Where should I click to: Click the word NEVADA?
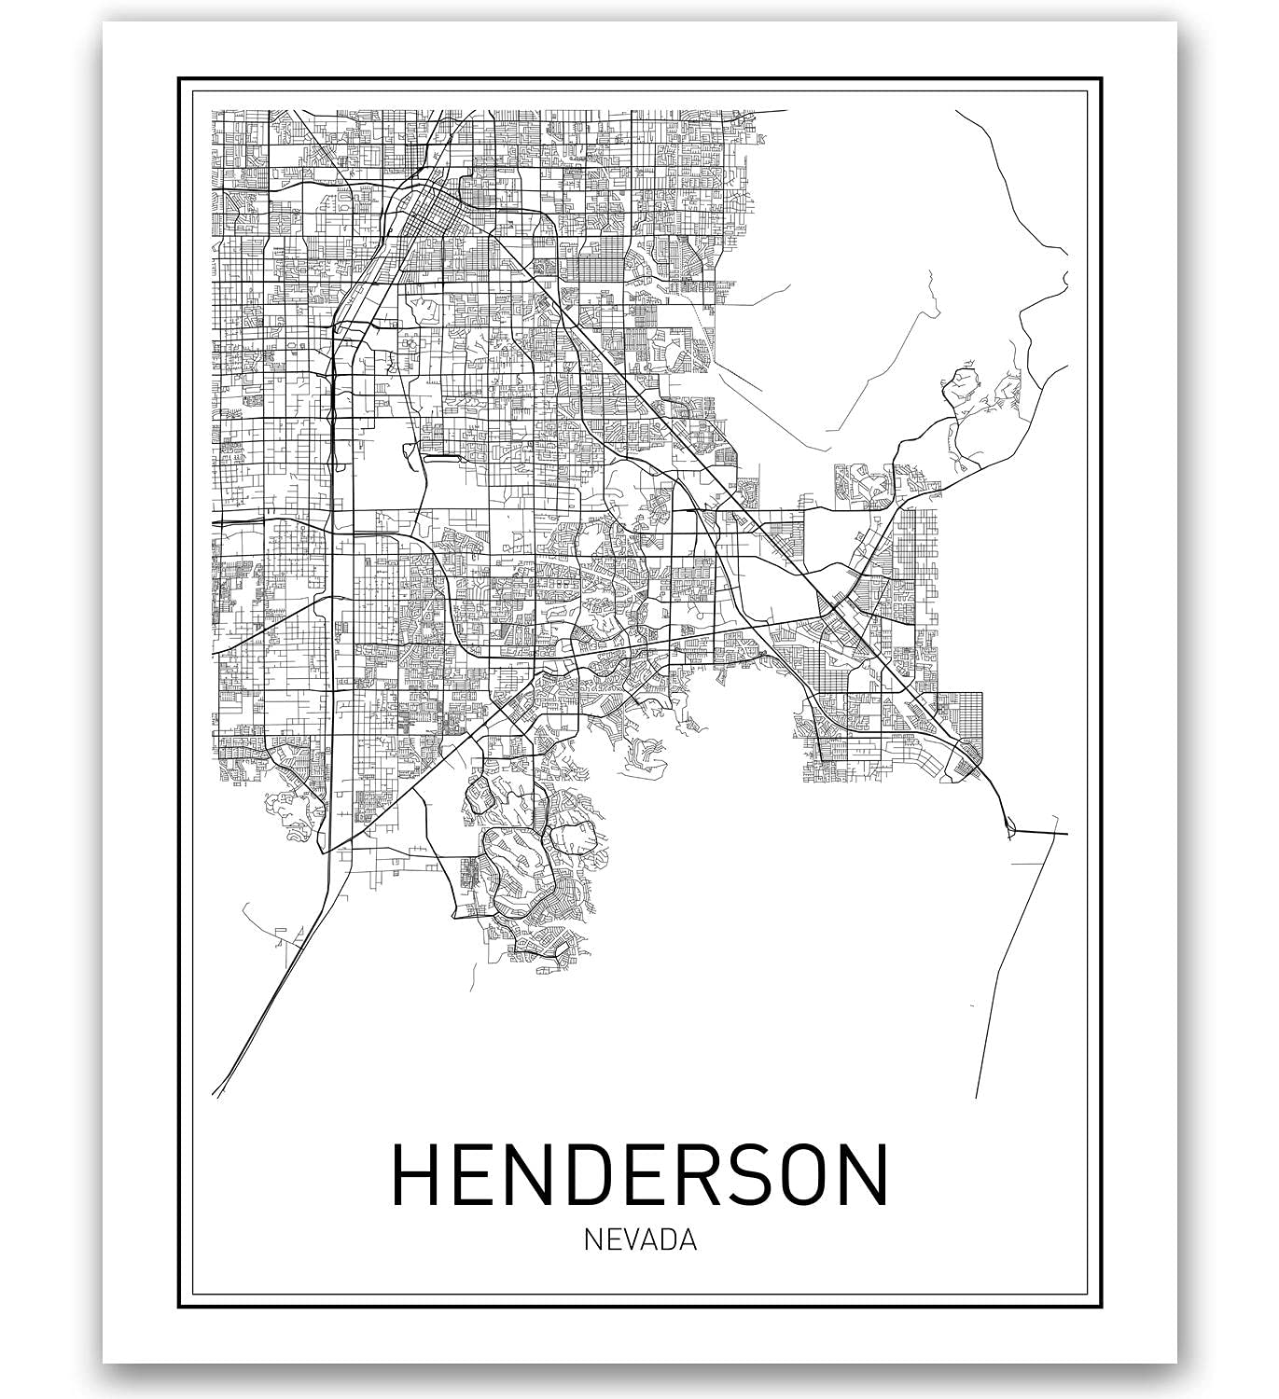click(x=640, y=1240)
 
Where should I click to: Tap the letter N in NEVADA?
click(x=593, y=1240)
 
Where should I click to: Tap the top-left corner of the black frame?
click(x=179, y=78)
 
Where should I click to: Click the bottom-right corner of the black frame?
click(x=1101, y=1307)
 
